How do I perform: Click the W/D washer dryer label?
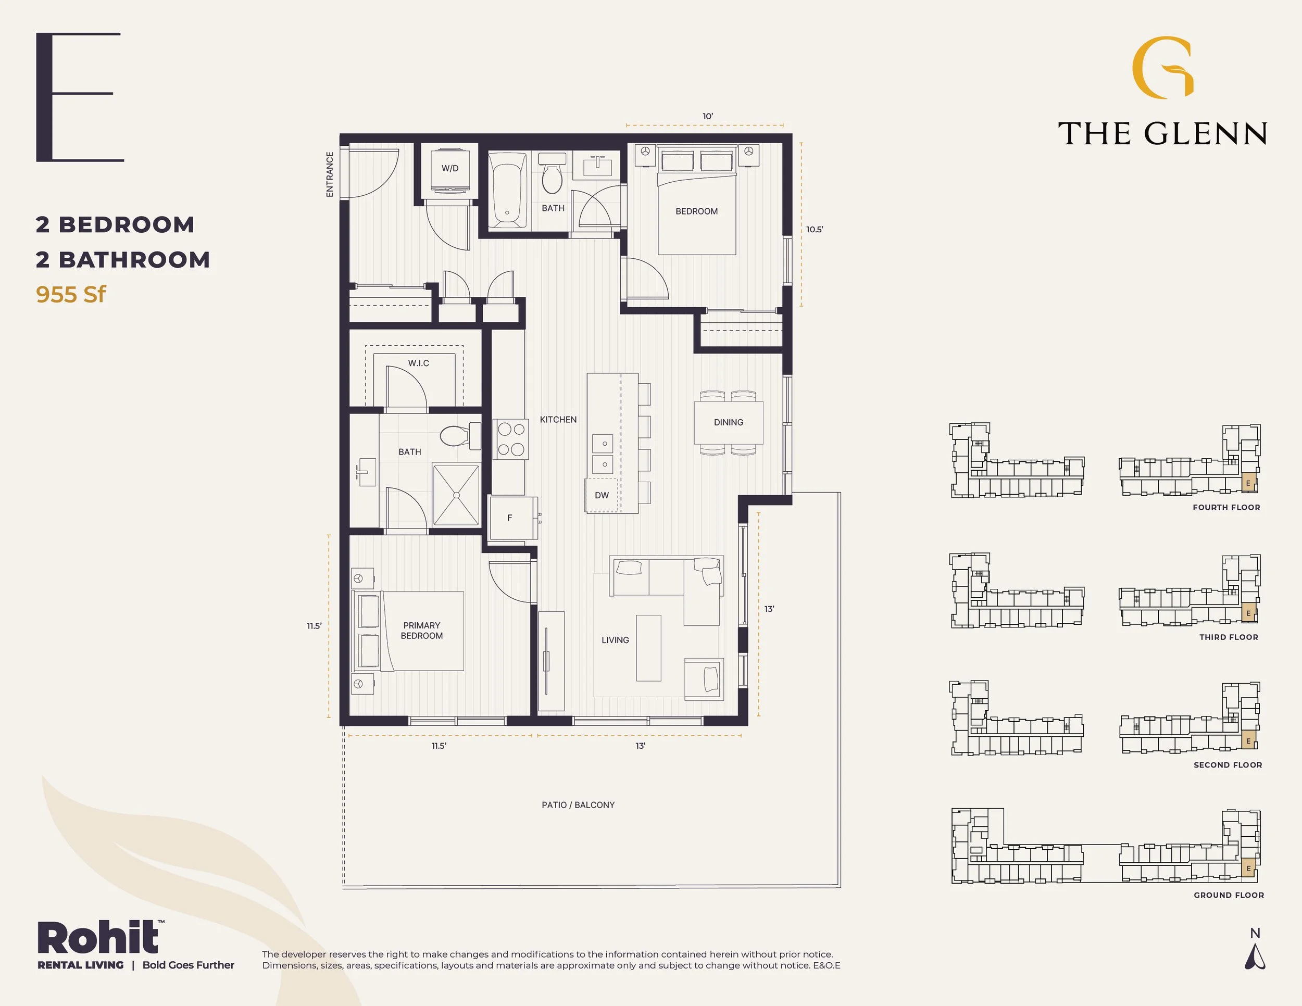click(x=450, y=168)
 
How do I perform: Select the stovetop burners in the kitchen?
click(x=511, y=439)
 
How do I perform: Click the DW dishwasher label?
click(x=602, y=495)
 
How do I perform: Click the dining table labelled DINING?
click(x=729, y=422)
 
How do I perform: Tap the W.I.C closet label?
click(x=419, y=363)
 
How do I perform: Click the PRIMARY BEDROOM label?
click(x=421, y=631)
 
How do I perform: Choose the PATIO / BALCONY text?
click(x=578, y=804)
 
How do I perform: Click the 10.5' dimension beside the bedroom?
click(x=815, y=230)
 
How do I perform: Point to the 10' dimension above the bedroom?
click(x=708, y=116)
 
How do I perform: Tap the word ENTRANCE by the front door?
click(x=330, y=174)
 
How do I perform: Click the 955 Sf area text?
click(x=71, y=294)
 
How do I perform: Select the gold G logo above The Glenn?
click(x=1162, y=67)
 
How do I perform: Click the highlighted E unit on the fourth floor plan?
click(x=1248, y=483)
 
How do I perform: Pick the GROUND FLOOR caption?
click(x=1229, y=895)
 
